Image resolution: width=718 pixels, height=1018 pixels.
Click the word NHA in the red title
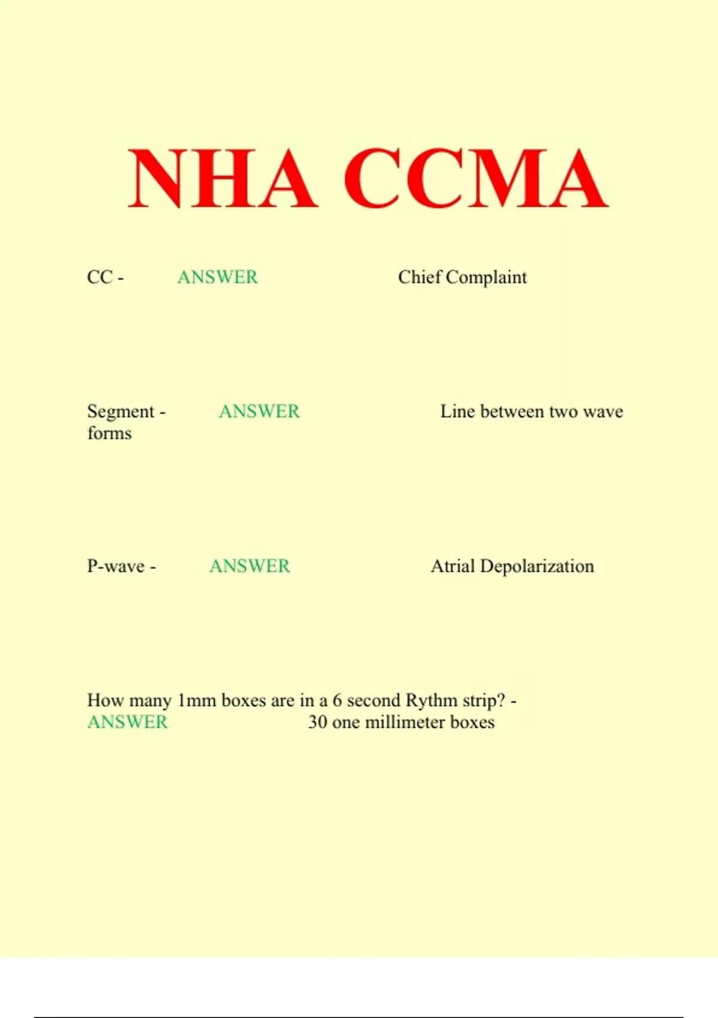tap(222, 179)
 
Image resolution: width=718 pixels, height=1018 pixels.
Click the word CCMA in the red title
tap(476, 179)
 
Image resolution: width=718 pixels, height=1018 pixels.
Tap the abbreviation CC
tap(99, 277)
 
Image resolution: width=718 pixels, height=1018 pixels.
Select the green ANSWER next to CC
tap(218, 277)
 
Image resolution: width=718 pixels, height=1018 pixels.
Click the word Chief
tap(419, 277)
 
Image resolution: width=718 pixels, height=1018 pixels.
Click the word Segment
tap(121, 412)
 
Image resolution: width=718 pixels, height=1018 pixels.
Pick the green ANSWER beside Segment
tap(259, 411)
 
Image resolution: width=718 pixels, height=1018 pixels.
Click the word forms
tap(109, 433)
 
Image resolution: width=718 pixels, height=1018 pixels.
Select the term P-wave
tap(116, 566)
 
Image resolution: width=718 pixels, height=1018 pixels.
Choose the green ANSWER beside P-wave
tap(250, 566)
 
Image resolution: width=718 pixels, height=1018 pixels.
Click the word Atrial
tap(453, 566)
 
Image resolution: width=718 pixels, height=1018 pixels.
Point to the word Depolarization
tap(537, 566)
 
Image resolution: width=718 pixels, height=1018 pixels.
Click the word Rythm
tap(431, 700)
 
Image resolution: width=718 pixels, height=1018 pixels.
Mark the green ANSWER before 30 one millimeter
tap(127, 722)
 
